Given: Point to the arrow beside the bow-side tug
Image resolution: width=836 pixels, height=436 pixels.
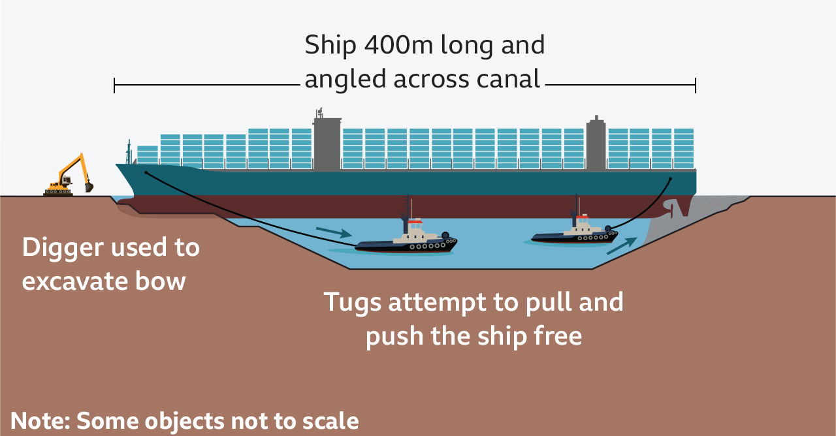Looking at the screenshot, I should pos(333,232).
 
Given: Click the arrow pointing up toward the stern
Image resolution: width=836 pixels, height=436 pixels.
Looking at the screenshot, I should pos(621,245).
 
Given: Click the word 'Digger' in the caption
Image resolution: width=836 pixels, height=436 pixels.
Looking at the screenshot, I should pos(63,249).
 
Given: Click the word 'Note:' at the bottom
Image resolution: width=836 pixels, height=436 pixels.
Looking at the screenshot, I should pos(40,421).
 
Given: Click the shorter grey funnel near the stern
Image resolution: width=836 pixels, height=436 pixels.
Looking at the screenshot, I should pos(595,145).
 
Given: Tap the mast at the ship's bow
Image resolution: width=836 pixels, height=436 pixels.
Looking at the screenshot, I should pos(129,152).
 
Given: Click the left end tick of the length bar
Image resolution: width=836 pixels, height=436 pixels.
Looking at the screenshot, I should pos(114,85).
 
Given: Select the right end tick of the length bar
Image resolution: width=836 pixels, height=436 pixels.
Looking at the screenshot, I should pos(696,85).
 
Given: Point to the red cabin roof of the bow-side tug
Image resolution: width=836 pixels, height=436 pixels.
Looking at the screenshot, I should pos(415,221).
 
